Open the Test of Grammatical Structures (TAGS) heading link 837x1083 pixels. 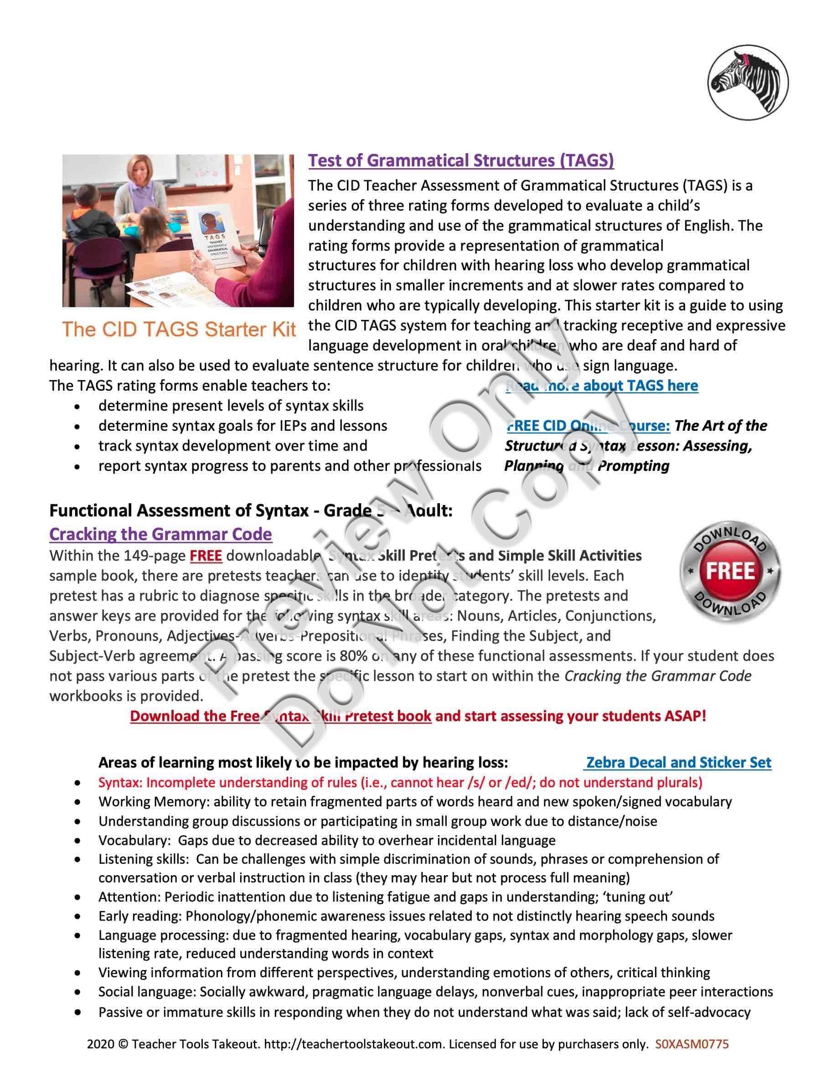460,160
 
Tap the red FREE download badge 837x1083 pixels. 730,571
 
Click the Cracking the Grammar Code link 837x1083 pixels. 160,534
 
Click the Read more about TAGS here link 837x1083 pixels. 601,385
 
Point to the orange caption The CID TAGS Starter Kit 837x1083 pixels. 179,329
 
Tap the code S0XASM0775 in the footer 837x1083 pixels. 692,1044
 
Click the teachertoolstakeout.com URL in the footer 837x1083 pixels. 354,1044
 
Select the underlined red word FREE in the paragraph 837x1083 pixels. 206,555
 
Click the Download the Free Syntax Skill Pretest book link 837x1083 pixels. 281,716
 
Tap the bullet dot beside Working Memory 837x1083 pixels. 77,802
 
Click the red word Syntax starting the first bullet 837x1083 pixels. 120,783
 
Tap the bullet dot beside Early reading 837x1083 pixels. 77,916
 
